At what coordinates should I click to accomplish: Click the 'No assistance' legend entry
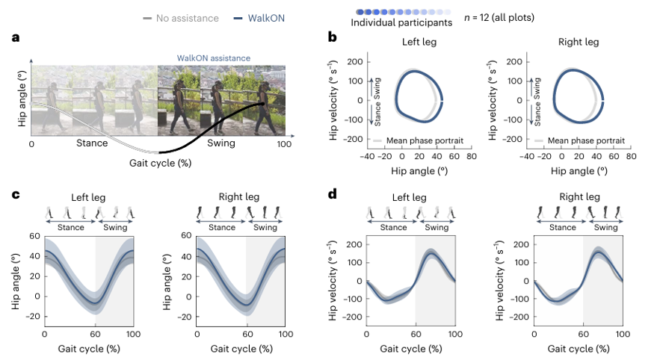point(181,18)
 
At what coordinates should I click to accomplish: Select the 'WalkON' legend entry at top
point(259,18)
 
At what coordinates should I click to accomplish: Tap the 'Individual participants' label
point(401,22)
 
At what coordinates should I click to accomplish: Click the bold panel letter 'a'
point(16,37)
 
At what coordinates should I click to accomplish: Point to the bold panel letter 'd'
point(333,193)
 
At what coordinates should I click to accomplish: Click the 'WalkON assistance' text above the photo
point(214,58)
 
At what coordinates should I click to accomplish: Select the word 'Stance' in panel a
point(92,143)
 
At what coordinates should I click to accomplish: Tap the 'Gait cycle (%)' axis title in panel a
point(160,163)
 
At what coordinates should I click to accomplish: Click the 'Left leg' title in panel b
point(419,42)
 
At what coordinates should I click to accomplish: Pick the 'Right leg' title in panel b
point(579,42)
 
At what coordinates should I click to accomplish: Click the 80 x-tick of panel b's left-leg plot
point(472,156)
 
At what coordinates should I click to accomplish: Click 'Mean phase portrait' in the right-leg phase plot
point(586,140)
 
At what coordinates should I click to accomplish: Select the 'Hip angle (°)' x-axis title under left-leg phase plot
point(419,171)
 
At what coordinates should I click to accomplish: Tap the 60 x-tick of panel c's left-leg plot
point(95,334)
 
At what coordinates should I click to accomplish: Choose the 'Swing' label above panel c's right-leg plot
point(265,227)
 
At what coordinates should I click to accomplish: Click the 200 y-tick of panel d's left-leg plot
point(354,244)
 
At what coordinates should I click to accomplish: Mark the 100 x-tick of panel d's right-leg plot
point(623,334)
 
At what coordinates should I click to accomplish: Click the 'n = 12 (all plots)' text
point(499,18)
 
